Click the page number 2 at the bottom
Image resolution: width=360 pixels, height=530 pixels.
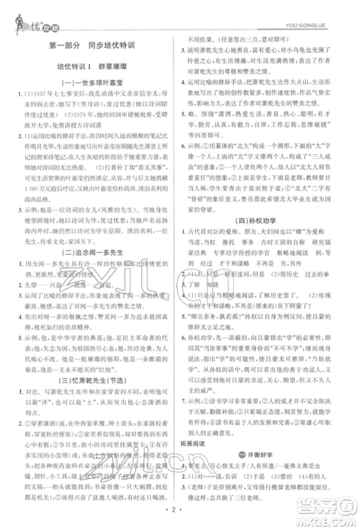point(180,513)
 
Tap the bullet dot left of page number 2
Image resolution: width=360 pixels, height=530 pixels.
point(172,513)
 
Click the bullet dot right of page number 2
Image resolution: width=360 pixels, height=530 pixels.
point(188,513)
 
